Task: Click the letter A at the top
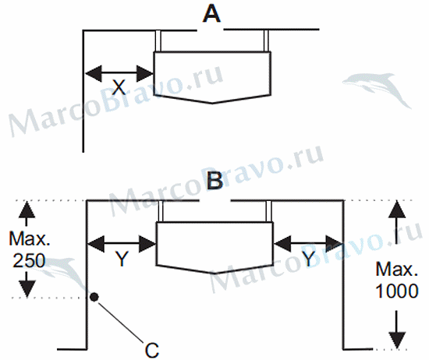coord(211,14)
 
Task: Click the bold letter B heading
coord(214,181)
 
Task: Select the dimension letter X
coord(119,87)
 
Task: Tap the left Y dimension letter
coord(122,259)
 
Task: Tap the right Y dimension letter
coord(309,259)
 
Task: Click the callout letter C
coord(151,350)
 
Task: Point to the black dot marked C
coord(94,297)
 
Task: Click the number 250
coord(29,260)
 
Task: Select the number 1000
coord(397,291)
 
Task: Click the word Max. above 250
coord(30,238)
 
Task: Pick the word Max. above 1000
coord(397,269)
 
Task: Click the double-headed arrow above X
coord(119,73)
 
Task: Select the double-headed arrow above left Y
coord(122,244)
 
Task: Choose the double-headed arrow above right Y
coord(308,243)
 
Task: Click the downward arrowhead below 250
coord(27,288)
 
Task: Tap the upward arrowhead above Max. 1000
coord(397,210)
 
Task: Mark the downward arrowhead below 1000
coord(397,341)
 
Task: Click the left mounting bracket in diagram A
coord(158,41)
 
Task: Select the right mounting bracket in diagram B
coord(268,211)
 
